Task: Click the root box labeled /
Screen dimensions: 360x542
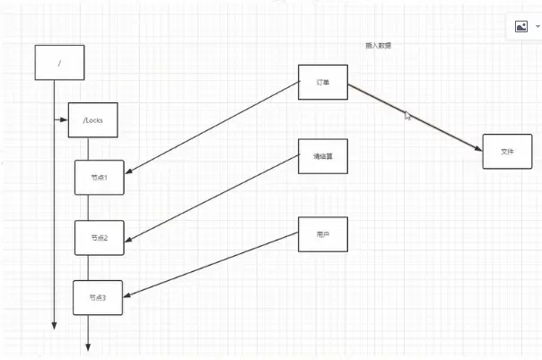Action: tap(58, 62)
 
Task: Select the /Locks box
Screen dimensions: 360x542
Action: tap(92, 119)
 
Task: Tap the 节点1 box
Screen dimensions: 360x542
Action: tap(99, 177)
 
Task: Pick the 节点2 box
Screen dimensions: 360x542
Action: tap(99, 237)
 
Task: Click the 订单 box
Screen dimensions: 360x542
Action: tap(322, 82)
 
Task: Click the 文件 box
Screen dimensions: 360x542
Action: tap(507, 152)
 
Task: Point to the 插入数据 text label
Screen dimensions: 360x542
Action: tap(378, 45)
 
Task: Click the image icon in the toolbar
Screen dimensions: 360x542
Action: tap(520, 27)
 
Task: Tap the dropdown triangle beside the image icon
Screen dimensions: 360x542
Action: tap(538, 27)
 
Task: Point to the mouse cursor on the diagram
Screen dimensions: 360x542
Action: tap(408, 116)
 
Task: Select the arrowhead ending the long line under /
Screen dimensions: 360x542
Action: tap(56, 326)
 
